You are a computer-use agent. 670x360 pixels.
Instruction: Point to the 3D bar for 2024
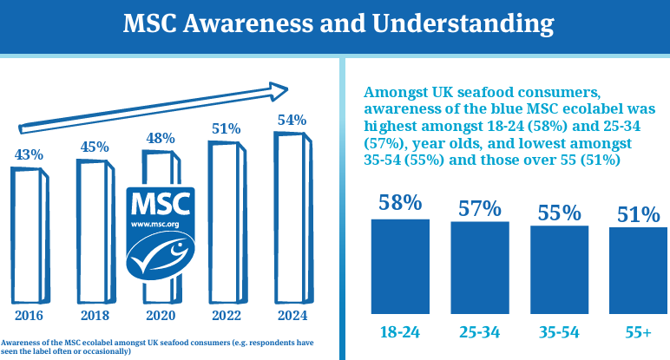pyautogui.click(x=290, y=213)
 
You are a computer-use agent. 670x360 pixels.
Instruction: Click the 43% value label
pyautogui.click(x=29, y=154)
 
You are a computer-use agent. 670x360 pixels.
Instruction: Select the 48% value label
pyautogui.click(x=161, y=138)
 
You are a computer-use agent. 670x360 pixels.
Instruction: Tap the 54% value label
pyautogui.click(x=292, y=121)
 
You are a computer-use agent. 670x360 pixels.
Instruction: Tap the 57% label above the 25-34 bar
pyautogui.click(x=480, y=208)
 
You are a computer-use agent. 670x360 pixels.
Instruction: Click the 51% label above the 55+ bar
pyautogui.click(x=639, y=215)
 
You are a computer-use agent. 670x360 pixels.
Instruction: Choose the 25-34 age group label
pyautogui.click(x=479, y=331)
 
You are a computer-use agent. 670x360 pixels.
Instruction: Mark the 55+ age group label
pyautogui.click(x=638, y=331)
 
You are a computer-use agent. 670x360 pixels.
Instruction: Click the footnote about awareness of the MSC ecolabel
pyautogui.click(x=156, y=346)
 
